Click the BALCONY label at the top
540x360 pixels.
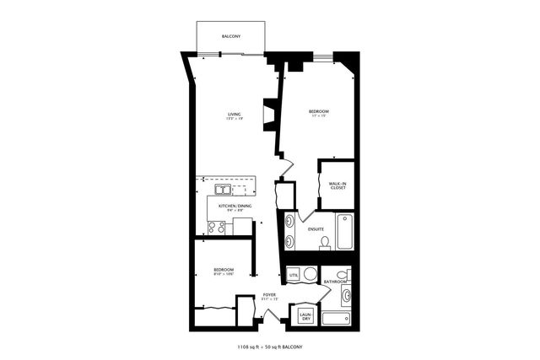230,37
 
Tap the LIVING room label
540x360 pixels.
234,114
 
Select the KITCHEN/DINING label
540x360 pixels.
234,206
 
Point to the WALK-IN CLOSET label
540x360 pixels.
337,185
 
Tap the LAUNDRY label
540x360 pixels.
305,317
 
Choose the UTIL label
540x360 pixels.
294,276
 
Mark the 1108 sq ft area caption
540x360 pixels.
269,347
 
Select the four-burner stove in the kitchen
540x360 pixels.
216,226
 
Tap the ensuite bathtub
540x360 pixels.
346,232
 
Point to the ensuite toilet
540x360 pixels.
325,244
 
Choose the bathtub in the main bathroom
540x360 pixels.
337,319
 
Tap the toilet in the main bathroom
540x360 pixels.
341,275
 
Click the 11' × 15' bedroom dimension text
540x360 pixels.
318,117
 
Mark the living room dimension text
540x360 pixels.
234,119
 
